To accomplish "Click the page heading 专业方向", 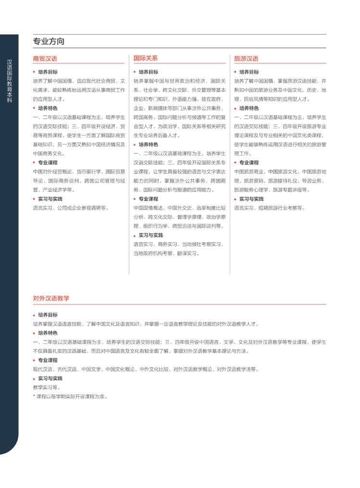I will [x=49, y=41].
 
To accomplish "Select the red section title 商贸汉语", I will [x=45, y=59].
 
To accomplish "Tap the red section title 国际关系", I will [x=145, y=58].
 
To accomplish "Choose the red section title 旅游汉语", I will [x=246, y=59].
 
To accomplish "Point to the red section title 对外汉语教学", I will [x=51, y=298].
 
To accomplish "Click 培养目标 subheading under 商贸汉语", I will [x=48, y=72].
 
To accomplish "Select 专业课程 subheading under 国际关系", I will [x=148, y=198].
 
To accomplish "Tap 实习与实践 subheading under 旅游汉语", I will [x=251, y=199].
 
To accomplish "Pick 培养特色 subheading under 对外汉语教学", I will [x=48, y=333].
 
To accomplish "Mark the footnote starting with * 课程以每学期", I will [x=70, y=396].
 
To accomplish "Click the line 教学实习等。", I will [x=47, y=387].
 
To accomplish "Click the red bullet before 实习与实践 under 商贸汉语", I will [x=34, y=199].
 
